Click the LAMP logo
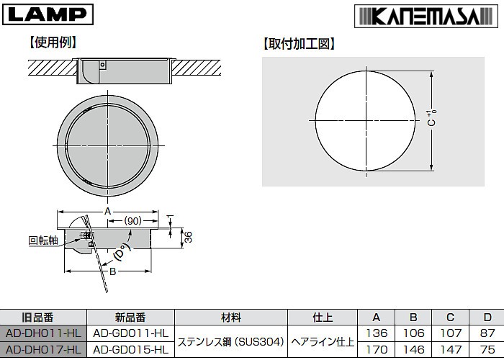(x=48, y=13)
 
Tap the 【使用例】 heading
(x=53, y=42)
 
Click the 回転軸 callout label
(x=42, y=241)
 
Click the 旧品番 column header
(x=43, y=317)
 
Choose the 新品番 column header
(x=130, y=317)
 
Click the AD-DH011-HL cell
(x=43, y=333)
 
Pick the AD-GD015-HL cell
(x=130, y=350)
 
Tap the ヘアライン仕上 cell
(x=323, y=341)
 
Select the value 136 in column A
(x=377, y=333)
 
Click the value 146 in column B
(x=411, y=350)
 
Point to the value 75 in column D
(x=487, y=350)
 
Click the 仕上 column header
(x=323, y=317)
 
